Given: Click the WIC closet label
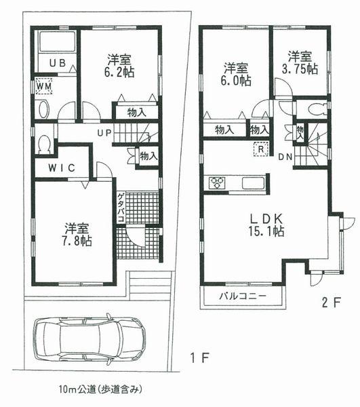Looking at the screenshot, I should tap(60, 168).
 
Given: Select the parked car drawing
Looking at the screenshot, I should tap(89, 339).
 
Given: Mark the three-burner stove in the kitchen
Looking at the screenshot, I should tap(219, 183).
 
